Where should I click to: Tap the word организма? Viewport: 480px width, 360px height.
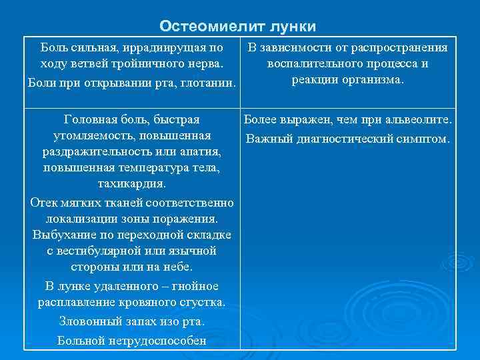(x=374, y=80)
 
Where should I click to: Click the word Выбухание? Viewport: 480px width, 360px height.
(x=64, y=235)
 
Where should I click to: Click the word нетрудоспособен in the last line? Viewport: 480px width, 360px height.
(x=159, y=341)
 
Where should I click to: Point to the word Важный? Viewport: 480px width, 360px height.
(x=268, y=139)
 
